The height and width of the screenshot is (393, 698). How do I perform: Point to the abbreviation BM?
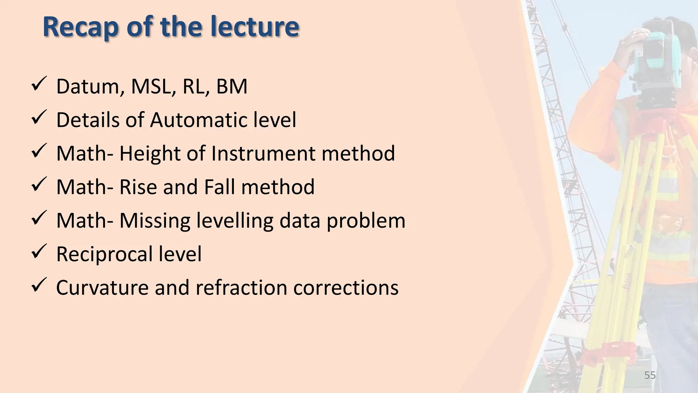click(232, 87)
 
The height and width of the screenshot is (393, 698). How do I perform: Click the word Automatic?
click(199, 120)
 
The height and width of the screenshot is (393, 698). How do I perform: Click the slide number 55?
click(650, 375)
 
